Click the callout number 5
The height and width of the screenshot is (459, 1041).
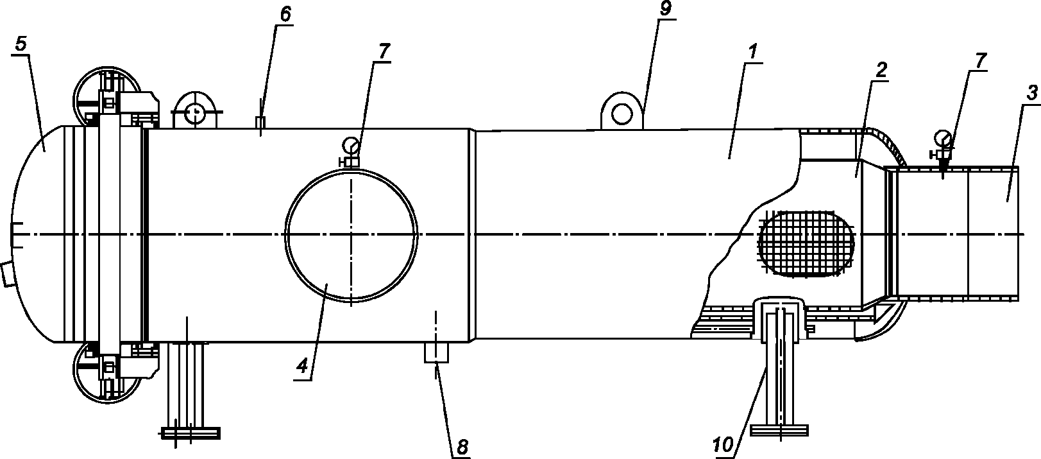21,44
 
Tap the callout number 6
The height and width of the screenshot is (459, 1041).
285,14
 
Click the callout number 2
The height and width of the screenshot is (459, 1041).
881,70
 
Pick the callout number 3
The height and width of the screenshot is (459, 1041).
1031,94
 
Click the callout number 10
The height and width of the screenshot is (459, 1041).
723,445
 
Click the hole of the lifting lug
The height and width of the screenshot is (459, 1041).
622,114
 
